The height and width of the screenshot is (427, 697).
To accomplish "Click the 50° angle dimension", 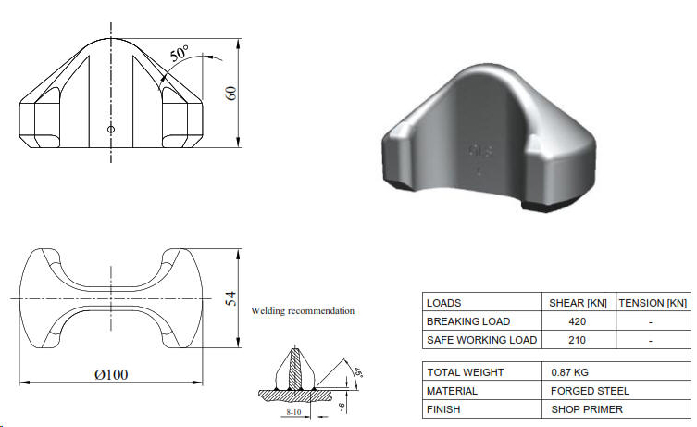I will pos(180,54).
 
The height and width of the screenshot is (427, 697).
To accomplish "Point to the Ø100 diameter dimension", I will pos(110,373).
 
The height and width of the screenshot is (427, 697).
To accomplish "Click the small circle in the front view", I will pos(111,130).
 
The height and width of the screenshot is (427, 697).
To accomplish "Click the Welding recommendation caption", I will pos(303,311).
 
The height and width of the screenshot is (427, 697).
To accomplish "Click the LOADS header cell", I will pos(443,303).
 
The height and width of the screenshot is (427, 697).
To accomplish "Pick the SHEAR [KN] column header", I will pos(579,303).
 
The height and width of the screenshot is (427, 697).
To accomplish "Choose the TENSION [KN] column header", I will pos(653,303).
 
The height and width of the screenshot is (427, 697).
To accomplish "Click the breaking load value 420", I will pos(579,321).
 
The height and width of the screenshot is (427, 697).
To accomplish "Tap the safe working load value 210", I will pos(579,340).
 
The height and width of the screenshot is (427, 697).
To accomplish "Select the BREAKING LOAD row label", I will pos(469,321).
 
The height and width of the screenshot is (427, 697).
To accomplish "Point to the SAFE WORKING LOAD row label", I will pos(481,340).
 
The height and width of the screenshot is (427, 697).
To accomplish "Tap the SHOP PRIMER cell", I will pos(587,408).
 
